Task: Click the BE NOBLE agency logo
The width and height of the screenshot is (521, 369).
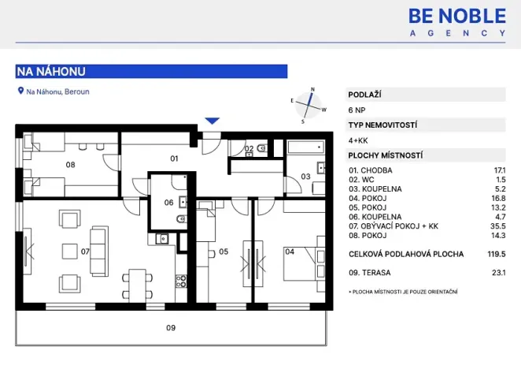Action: [x=456, y=21]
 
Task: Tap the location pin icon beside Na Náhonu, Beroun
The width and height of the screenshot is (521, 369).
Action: [x=20, y=91]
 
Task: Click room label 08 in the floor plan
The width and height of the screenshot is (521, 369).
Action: [x=70, y=165]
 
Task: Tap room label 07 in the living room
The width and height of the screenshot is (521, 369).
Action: [x=85, y=252]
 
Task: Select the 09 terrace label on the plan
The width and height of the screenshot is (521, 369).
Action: [x=170, y=327]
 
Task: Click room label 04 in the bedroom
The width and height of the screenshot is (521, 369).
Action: [x=290, y=252]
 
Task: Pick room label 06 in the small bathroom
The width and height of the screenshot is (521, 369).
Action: [x=168, y=203]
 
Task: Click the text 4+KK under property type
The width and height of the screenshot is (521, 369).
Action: [x=358, y=140]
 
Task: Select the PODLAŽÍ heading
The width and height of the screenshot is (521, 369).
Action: [x=365, y=95]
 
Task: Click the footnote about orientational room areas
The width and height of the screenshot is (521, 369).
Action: [x=403, y=293]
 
